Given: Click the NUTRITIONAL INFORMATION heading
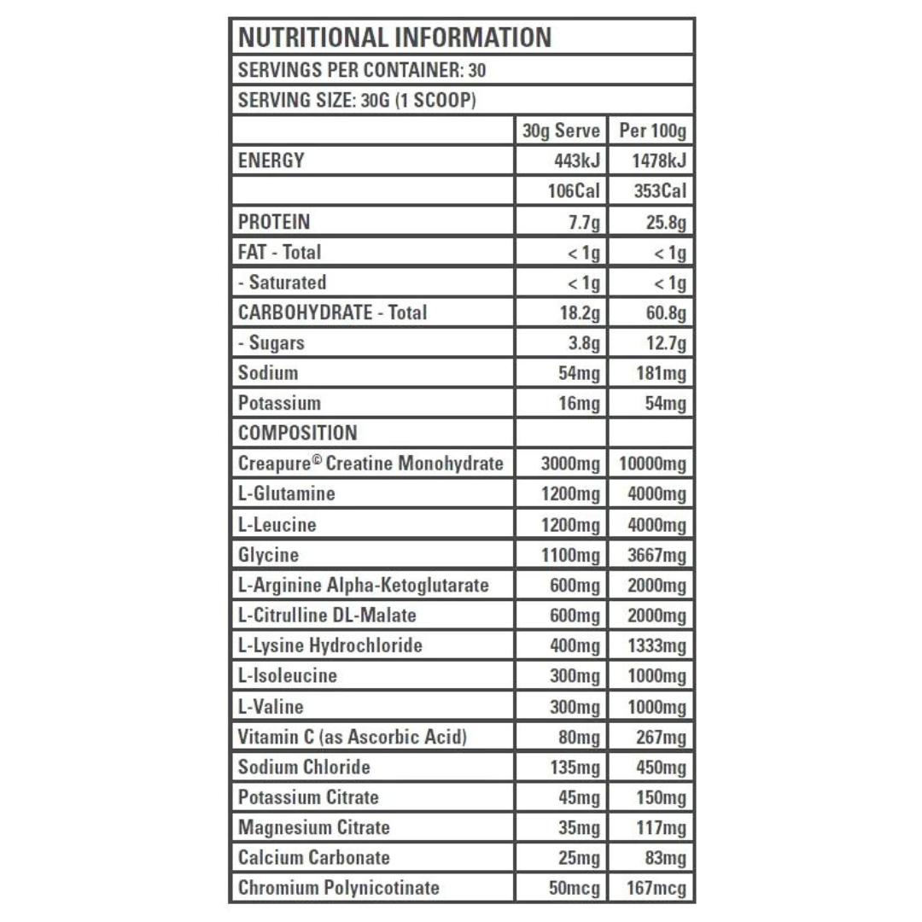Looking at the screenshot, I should pyautogui.click(x=394, y=38).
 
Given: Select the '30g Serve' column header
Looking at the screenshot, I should pyautogui.click(x=561, y=131).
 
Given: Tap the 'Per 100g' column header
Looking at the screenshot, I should pyautogui.click(x=652, y=131).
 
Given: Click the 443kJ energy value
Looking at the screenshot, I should pyautogui.click(x=576, y=160).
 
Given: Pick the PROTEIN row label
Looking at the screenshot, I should pyautogui.click(x=274, y=222).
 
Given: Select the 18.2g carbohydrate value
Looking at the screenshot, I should pyautogui.click(x=580, y=313).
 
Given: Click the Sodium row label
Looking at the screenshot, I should pyautogui.click(x=268, y=373).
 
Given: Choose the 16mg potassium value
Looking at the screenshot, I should pyautogui.click(x=580, y=404).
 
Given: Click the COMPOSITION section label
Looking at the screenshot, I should pyautogui.click(x=297, y=434).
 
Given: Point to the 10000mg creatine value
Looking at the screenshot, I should pyautogui.click(x=650, y=464).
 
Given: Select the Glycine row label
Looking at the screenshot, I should pyautogui.click(x=268, y=556).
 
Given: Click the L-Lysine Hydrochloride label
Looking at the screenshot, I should pyautogui.click(x=330, y=645).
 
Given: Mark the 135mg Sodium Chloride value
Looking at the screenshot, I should pyautogui.click(x=575, y=767).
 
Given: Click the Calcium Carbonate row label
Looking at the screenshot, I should pyautogui.click(x=313, y=857).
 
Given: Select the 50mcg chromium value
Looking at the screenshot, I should pyautogui.click(x=571, y=888).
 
